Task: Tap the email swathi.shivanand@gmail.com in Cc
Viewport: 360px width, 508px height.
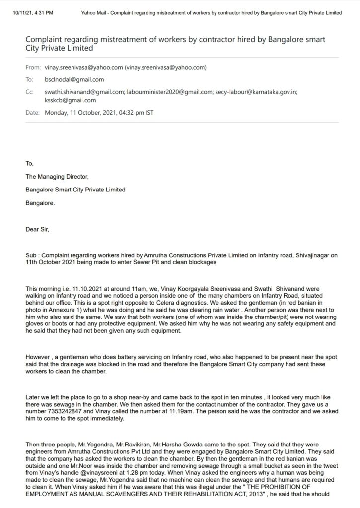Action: pos(84,91)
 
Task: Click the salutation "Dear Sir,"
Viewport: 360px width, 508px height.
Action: pos(37,229)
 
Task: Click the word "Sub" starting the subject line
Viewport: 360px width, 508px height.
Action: pos(31,255)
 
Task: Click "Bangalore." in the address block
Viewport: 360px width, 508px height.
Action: pos(40,202)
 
